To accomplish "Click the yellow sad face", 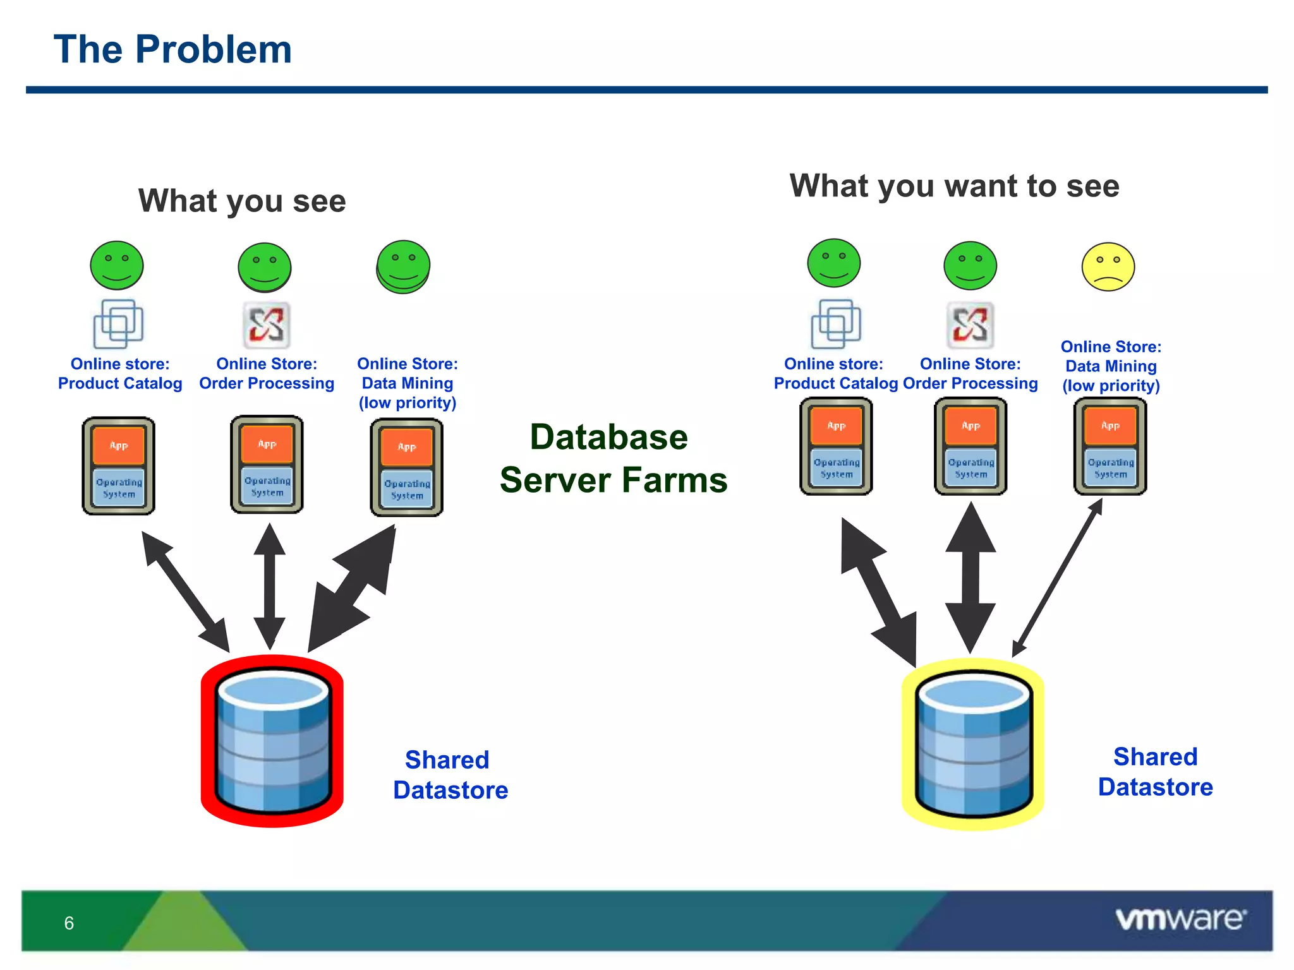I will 1108,266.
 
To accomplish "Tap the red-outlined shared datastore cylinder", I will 272,741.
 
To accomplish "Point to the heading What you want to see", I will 954,186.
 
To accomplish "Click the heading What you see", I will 242,201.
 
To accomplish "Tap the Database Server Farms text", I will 612,458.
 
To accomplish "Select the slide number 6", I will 69,923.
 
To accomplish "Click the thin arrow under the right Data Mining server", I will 1058,577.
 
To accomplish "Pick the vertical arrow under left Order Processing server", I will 270,586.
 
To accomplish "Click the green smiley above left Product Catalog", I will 117,265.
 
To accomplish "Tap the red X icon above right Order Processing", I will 970,325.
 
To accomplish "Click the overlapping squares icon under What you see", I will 119,324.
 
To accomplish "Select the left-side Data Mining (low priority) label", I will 408,383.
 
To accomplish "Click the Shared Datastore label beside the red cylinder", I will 450,775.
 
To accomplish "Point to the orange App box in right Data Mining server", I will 1110,426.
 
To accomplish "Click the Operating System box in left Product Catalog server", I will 119,488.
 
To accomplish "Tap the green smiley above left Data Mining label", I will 403,266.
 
